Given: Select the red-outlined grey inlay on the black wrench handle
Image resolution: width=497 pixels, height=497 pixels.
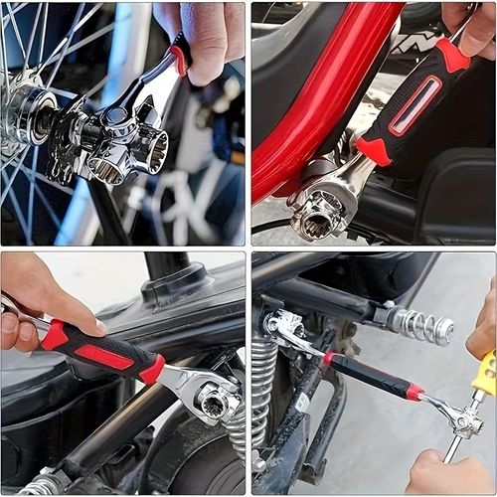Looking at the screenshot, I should coord(414,103).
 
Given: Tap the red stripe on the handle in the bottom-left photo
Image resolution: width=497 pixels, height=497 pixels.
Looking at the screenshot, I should coord(104,356).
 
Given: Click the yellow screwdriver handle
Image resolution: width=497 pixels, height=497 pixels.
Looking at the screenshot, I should coord(484,373).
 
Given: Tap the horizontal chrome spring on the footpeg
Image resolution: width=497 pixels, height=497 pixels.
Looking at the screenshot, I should coord(422,325).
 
